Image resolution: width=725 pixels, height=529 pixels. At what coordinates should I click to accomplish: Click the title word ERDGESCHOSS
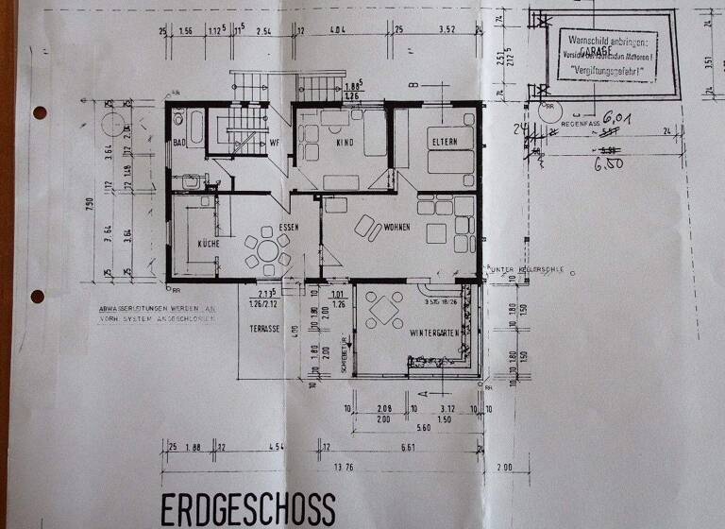247,508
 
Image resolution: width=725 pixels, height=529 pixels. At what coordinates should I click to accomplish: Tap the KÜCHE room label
209,244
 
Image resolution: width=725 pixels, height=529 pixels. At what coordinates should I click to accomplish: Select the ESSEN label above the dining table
288,228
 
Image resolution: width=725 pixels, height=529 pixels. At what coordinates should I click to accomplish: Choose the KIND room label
343,142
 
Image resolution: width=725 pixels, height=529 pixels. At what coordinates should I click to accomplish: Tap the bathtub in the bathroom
194,127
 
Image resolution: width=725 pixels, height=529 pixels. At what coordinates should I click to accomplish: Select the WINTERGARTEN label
435,333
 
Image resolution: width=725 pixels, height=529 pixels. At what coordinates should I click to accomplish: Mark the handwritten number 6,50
609,162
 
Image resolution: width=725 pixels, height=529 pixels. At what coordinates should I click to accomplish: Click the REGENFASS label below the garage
580,124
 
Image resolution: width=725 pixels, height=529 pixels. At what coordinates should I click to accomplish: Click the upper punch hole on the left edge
39,112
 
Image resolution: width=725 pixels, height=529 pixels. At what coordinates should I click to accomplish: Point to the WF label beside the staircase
276,143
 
